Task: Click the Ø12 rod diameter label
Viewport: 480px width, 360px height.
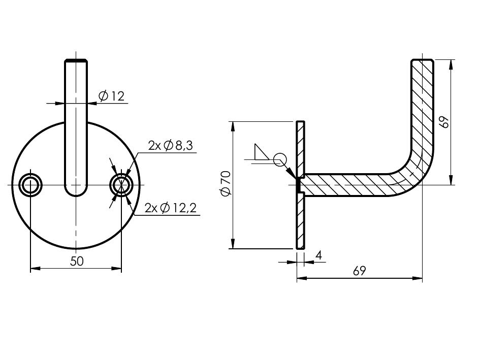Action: point(111,96)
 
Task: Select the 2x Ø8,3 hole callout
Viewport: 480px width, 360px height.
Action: point(171,145)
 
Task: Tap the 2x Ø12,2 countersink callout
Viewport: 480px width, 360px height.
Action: point(171,208)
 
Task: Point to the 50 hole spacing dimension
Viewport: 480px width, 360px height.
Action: point(77,261)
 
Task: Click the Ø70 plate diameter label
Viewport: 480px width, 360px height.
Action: point(226,184)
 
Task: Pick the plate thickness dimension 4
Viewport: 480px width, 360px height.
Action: point(318,255)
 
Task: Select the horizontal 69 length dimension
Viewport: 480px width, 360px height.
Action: point(360,271)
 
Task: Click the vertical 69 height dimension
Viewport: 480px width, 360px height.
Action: point(445,122)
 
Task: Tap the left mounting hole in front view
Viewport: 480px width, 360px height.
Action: point(30,185)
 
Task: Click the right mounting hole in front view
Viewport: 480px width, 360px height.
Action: point(121,185)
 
